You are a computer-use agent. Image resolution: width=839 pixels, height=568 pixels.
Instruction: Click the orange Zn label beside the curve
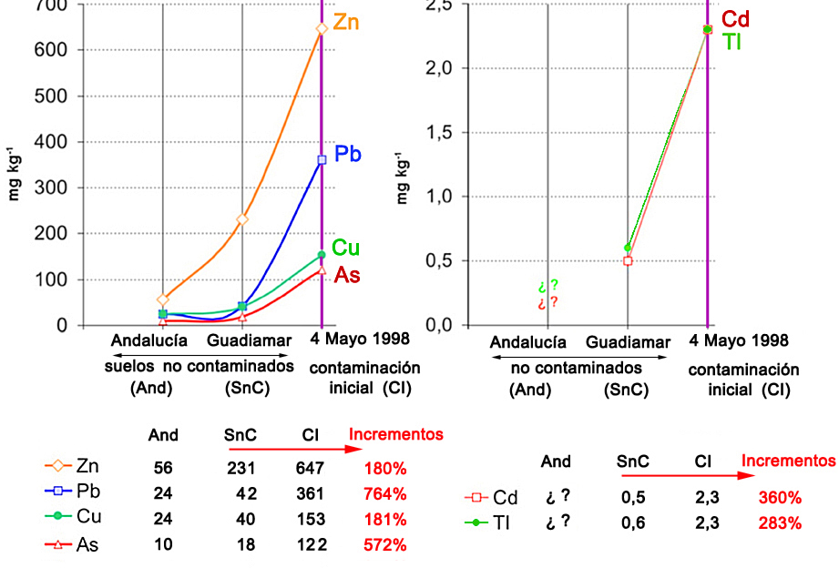coord(346,23)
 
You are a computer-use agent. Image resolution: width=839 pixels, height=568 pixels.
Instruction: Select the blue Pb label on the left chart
coord(348,154)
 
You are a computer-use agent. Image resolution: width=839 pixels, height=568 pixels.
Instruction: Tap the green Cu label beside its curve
coord(345,248)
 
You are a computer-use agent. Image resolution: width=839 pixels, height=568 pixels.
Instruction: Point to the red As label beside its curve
coord(346,275)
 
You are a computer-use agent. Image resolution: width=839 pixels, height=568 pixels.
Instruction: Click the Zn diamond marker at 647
coord(322,28)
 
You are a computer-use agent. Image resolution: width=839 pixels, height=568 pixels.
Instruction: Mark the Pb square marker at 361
coord(322,160)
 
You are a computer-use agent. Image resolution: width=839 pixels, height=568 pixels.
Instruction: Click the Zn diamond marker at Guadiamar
coord(242,219)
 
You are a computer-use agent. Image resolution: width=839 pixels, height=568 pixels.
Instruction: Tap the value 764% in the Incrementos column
coord(384,494)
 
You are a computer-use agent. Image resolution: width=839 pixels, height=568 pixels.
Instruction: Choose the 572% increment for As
coord(384,545)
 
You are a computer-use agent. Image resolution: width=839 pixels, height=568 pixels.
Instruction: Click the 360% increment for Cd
coord(779,498)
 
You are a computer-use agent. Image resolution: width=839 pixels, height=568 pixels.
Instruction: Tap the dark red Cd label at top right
coord(735,19)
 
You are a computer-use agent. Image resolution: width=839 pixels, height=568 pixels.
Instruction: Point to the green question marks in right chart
coord(547,286)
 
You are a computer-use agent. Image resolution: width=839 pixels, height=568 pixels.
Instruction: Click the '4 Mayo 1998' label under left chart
coord(359,340)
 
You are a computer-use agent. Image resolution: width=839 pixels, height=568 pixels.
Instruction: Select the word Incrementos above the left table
coord(395,434)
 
